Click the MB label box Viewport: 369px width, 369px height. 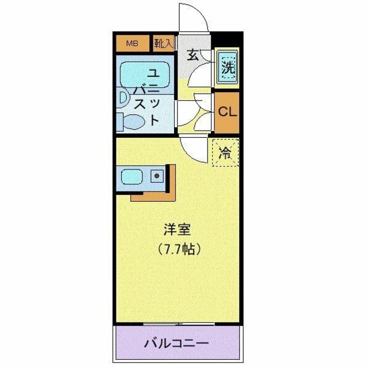pyautogui.click(x=133, y=43)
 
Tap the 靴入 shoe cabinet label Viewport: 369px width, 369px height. pyautogui.click(x=164, y=43)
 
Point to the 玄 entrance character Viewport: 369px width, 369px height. pyautogui.click(x=193, y=56)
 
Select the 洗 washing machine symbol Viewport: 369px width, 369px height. pyautogui.click(x=228, y=67)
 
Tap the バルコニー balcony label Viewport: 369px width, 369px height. pyautogui.click(x=176, y=344)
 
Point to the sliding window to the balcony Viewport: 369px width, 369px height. pyautogui.click(x=176, y=323)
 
